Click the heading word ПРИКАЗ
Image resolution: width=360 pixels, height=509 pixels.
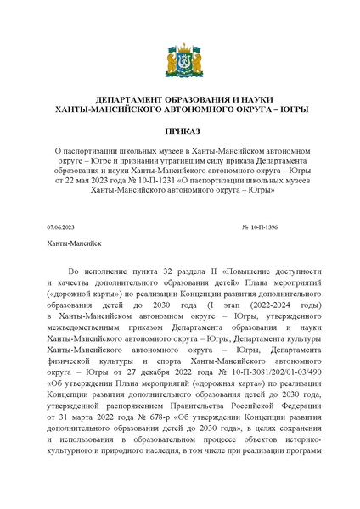click(179, 132)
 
